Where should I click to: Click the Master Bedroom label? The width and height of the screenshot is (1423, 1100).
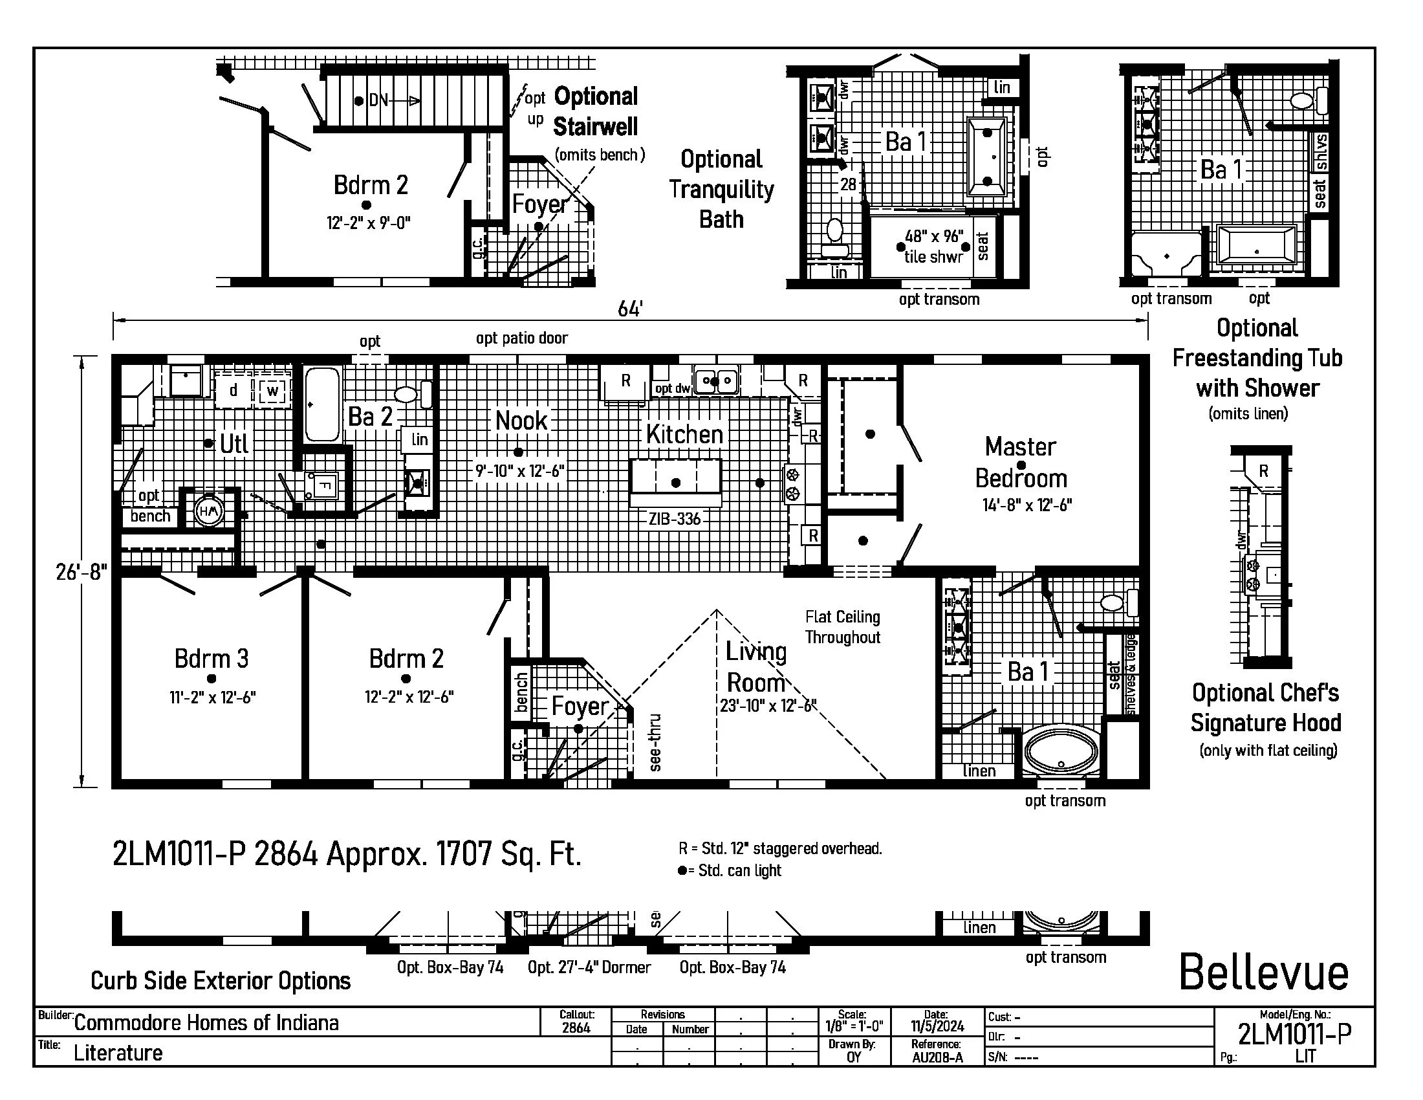point(1021,463)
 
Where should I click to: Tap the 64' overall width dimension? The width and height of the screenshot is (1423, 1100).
point(630,309)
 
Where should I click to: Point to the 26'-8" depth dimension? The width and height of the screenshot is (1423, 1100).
point(81,572)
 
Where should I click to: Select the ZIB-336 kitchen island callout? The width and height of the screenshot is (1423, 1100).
point(675,520)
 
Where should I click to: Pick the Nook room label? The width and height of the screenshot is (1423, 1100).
point(521,421)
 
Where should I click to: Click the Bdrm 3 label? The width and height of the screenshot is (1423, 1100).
point(211,659)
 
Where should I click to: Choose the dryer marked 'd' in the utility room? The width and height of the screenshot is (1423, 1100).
point(233,390)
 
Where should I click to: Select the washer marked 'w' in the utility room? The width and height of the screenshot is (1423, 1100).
point(272,391)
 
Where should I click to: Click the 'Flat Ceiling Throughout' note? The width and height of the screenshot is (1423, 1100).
point(842,627)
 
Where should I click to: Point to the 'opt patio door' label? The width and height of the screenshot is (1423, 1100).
point(521,338)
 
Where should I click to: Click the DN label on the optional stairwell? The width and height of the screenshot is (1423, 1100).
point(378,100)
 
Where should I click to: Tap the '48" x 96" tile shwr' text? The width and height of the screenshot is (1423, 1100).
point(933,247)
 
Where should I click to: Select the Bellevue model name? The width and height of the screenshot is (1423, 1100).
point(1263,973)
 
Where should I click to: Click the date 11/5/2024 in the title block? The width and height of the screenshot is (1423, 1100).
point(937,1026)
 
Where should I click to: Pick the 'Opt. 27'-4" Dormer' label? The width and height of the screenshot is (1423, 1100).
point(589,968)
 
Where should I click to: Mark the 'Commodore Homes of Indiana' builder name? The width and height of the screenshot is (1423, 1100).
point(206,1023)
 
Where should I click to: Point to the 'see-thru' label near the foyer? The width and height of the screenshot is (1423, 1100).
point(655,742)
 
